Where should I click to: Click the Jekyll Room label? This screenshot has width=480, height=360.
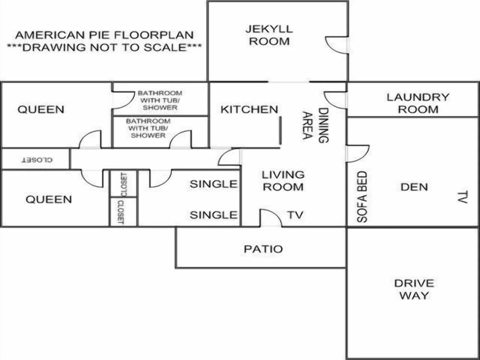pyautogui.click(x=269, y=35)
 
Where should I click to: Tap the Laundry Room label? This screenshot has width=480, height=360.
pyautogui.click(x=418, y=103)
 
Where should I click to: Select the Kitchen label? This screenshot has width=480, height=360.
pyautogui.click(x=249, y=109)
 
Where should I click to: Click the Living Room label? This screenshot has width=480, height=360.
pyautogui.click(x=283, y=180)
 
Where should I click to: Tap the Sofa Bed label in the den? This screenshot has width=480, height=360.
pyautogui.click(x=362, y=197)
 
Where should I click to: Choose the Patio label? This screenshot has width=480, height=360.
pyautogui.click(x=263, y=249)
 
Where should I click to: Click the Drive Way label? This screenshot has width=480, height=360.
pyautogui.click(x=414, y=289)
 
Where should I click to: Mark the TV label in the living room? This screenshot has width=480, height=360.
pyautogui.click(x=295, y=215)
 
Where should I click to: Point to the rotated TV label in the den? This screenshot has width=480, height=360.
pyautogui.click(x=462, y=197)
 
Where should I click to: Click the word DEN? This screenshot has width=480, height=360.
pyautogui.click(x=414, y=187)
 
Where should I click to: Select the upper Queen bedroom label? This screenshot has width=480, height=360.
pyautogui.click(x=41, y=109)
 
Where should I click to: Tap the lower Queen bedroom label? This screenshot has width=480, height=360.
pyautogui.click(x=48, y=199)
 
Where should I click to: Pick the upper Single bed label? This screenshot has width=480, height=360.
pyautogui.click(x=214, y=184)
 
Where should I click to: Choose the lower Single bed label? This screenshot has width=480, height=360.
pyautogui.click(x=214, y=215)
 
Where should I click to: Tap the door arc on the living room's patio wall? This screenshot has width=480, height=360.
pyautogui.click(x=270, y=218)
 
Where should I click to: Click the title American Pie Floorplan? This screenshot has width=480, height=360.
pyautogui.click(x=105, y=35)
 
